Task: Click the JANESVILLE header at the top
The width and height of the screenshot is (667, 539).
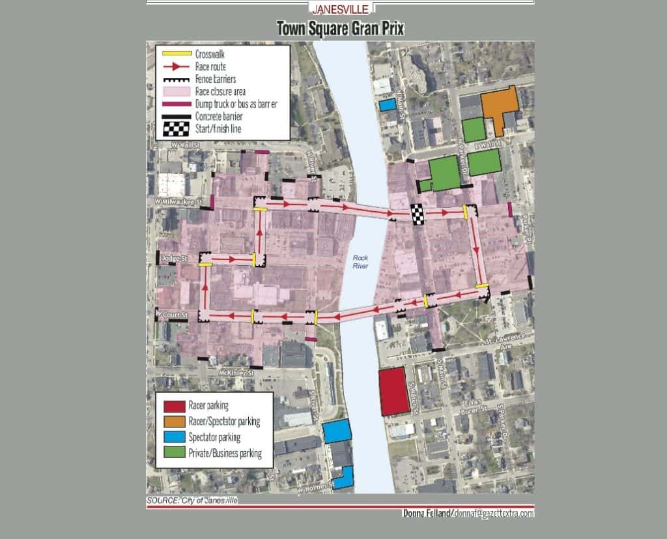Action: (x=340, y=9)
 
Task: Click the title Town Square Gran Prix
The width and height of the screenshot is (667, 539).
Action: (x=340, y=29)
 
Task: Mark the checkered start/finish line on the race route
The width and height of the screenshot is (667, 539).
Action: (x=418, y=214)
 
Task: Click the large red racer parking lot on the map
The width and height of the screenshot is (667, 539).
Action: (x=394, y=391)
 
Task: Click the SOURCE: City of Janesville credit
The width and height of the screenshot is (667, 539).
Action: (x=192, y=500)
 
